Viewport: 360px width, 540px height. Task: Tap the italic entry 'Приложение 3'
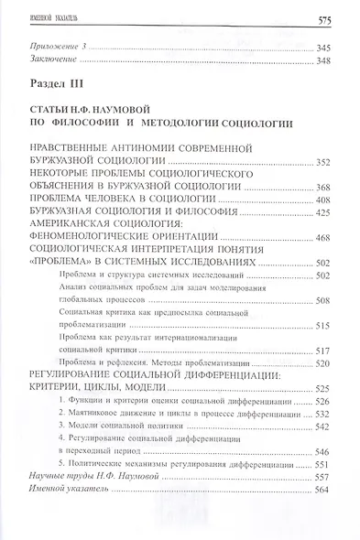pos(58,46)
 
